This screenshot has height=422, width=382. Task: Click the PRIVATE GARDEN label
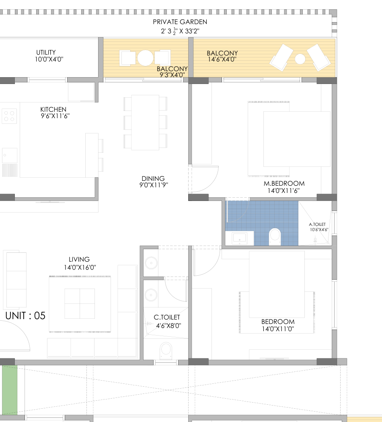pyautogui.click(x=180, y=22)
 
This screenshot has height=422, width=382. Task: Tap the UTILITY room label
pyautogui.click(x=46, y=52)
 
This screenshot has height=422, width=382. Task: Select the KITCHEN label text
pyautogui.click(x=53, y=109)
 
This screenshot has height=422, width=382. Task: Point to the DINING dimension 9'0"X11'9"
pyautogui.click(x=154, y=185)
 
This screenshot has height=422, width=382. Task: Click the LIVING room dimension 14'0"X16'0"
pyautogui.click(x=80, y=267)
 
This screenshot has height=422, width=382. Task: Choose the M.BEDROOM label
pyautogui.click(x=284, y=184)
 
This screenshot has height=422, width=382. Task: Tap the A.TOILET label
pyautogui.click(x=317, y=224)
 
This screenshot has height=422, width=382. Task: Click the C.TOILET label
pyautogui.click(x=167, y=318)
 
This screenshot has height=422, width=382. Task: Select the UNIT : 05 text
pyautogui.click(x=25, y=315)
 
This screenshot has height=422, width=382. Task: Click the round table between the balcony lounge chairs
pyautogui.click(x=300, y=59)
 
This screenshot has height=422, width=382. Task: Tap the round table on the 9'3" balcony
pyautogui.click(x=146, y=58)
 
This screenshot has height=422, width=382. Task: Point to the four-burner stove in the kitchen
pyautogui.click(x=9, y=116)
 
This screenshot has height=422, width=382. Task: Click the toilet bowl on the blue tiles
pyautogui.click(x=275, y=237)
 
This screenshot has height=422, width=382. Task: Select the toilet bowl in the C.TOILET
pyautogui.click(x=166, y=351)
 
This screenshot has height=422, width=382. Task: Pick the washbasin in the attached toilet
pyautogui.click(x=239, y=238)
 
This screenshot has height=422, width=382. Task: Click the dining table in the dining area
pyautogui.click(x=145, y=123)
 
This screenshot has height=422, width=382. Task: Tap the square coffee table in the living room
pyautogui.click(x=80, y=303)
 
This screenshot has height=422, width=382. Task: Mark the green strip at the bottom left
pyautogui.click(x=10, y=390)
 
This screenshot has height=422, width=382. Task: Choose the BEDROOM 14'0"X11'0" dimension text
pyautogui.click(x=278, y=329)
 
